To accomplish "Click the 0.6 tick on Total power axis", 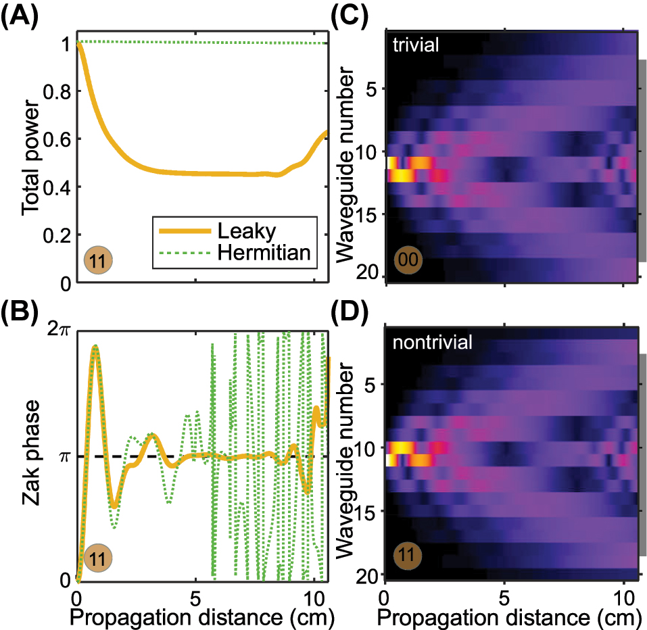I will [59, 139].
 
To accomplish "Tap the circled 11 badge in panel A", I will [98, 260].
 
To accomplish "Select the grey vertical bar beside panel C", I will [643, 160].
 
